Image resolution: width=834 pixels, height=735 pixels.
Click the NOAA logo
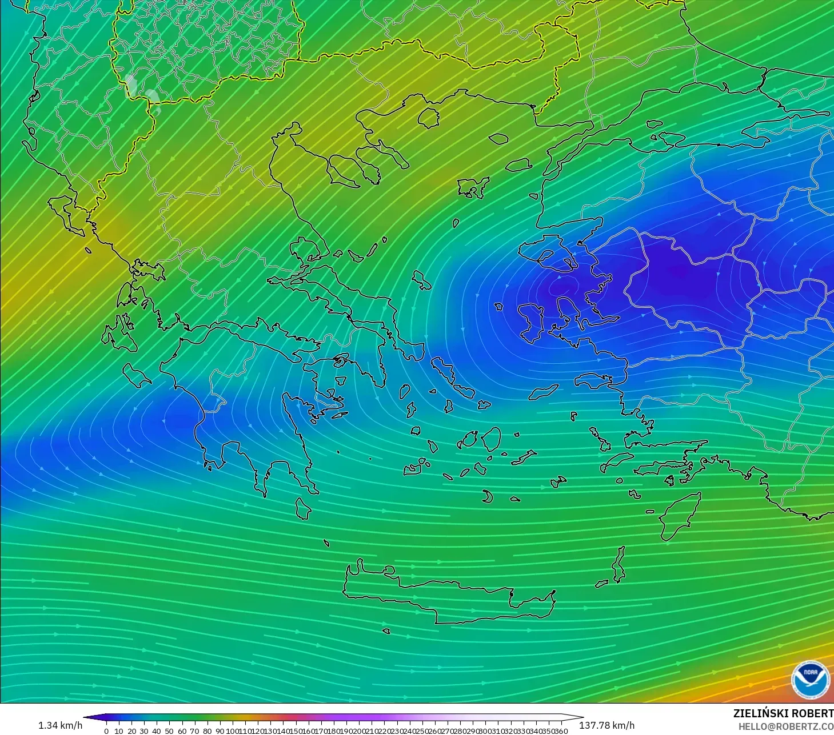810,679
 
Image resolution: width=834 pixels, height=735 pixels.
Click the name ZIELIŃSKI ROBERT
783,714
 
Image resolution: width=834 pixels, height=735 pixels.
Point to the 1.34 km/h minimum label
60,725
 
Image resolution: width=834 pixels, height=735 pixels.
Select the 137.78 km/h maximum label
606,725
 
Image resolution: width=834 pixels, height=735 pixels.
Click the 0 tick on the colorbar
106,731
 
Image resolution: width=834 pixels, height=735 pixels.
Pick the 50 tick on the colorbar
169,731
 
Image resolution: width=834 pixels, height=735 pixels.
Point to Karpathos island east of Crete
618,564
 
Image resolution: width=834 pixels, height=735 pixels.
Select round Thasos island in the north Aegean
428,118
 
